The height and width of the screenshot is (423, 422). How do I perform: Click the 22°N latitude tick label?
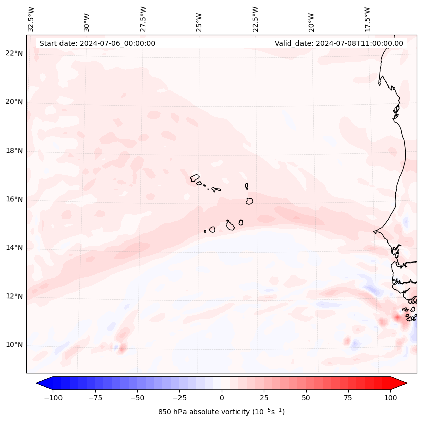(14, 53)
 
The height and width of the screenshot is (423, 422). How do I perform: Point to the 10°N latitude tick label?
(14, 345)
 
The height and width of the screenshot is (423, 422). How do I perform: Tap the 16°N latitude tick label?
(14, 199)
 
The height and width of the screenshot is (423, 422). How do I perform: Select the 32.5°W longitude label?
(31, 19)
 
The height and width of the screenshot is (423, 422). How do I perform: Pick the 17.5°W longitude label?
(367, 19)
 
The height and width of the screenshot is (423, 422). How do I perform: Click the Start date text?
(97, 43)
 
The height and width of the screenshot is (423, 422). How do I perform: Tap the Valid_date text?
(339, 43)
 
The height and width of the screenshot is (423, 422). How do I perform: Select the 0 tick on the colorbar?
(222, 398)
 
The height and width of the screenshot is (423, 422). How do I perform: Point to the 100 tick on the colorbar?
(390, 398)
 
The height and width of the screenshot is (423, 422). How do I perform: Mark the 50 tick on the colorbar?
(306, 398)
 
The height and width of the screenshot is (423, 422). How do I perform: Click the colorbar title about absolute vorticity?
(222, 412)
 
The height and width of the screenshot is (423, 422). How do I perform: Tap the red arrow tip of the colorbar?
(403, 383)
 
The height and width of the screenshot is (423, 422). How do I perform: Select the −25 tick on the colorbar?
(179, 398)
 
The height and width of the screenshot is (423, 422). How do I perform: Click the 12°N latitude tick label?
(14, 296)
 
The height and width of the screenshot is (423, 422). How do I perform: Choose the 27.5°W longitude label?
(143, 19)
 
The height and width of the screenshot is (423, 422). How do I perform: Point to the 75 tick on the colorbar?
(348, 398)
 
